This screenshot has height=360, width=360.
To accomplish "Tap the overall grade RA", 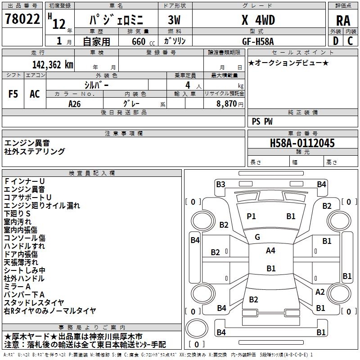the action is (343, 20).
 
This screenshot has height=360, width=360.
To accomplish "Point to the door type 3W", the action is (174, 20).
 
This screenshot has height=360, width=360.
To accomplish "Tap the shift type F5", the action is (13, 94).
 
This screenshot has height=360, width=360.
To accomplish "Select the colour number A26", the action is (75, 103).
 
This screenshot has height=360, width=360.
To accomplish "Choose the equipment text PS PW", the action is (262, 121).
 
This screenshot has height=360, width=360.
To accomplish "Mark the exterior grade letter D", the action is (335, 40).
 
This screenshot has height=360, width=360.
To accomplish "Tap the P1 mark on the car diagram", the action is (251, 216).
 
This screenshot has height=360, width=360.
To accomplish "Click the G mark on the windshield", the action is (257, 237).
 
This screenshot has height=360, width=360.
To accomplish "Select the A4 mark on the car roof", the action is (270, 251).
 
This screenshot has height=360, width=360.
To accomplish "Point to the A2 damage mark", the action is (320, 292).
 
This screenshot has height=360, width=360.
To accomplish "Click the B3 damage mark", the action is (220, 184).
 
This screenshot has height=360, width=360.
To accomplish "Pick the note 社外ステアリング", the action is (35, 152).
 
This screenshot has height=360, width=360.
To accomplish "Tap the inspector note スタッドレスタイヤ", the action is (34, 302).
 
